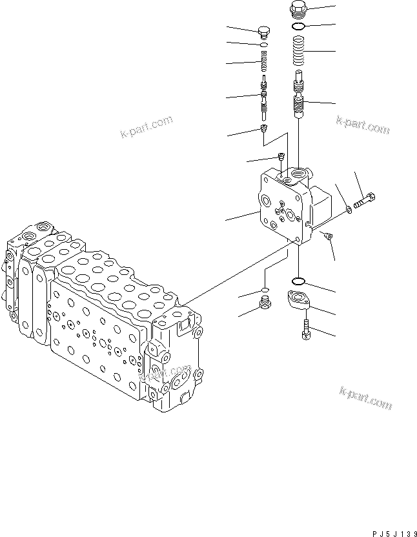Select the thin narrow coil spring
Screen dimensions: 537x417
[x=263, y=64]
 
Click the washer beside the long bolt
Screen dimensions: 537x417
[x=349, y=208]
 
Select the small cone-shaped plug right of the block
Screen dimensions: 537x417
[x=328, y=238]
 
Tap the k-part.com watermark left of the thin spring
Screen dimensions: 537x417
[x=147, y=127]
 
